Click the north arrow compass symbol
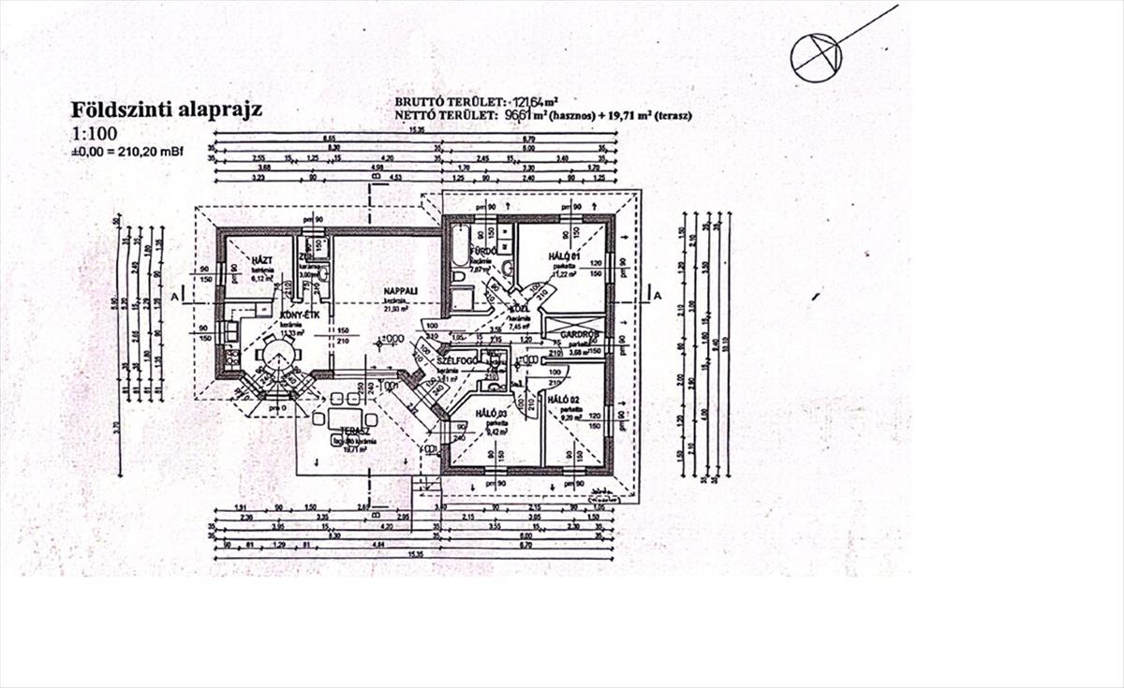(x=816, y=55)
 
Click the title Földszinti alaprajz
(x=167, y=110)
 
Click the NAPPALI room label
(x=399, y=289)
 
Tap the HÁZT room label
(x=260, y=257)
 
